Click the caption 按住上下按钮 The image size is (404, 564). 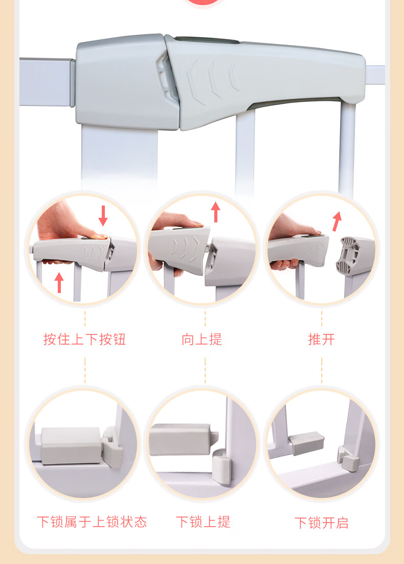(x=84, y=339)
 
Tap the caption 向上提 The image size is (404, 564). (x=202, y=339)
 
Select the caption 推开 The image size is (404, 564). (x=322, y=339)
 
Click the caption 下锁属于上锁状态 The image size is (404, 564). (x=92, y=522)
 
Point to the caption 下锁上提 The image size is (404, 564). (x=203, y=522)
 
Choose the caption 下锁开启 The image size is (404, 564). (x=322, y=523)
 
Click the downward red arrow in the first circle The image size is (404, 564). (x=103, y=215)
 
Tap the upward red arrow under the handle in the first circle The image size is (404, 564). (x=59, y=282)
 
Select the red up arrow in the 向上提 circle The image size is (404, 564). (x=215, y=212)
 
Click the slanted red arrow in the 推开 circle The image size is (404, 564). (x=337, y=221)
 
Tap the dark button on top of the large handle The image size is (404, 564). (x=207, y=39)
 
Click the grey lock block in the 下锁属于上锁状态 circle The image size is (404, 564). (x=71, y=445)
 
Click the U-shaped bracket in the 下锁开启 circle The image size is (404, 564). (x=348, y=458)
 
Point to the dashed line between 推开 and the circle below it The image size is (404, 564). (x=322, y=370)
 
